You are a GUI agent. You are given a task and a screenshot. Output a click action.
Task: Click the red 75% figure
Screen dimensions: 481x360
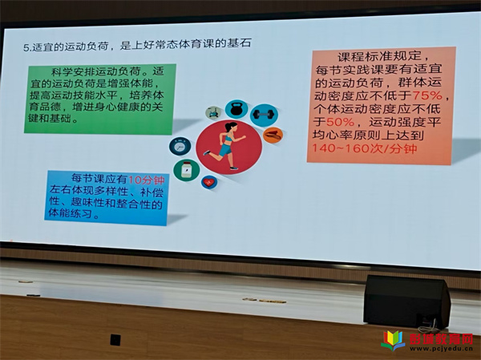coord(426,95)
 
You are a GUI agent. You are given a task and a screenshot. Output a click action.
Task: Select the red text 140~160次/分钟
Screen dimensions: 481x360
coord(364,148)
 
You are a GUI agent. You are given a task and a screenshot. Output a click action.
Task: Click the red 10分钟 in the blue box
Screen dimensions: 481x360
coord(146,180)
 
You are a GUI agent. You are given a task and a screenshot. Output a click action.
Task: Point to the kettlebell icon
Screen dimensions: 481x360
coord(236,109)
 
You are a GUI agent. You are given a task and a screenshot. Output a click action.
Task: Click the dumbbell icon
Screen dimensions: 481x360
coord(264,115)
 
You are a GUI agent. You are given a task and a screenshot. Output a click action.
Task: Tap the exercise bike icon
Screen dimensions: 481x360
coord(213,112)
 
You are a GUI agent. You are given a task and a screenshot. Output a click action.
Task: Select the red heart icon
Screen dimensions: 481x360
coord(209,182)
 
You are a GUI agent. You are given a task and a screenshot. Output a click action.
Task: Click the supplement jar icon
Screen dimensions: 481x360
coord(186,170)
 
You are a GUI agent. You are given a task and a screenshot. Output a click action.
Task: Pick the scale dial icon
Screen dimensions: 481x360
coord(180,146)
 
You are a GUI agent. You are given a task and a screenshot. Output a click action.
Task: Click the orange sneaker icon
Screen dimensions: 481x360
coord(273,136)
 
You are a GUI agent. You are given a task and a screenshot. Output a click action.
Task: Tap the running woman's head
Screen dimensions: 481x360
coord(230,127)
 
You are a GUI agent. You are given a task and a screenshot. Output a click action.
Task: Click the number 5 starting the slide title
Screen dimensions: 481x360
coord(26,48)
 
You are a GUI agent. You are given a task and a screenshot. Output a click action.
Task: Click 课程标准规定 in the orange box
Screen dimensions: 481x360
coord(378,57)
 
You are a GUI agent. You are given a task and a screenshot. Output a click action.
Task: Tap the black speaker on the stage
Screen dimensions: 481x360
coord(406,301)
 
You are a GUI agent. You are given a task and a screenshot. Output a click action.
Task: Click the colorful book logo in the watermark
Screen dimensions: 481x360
coord(393,341)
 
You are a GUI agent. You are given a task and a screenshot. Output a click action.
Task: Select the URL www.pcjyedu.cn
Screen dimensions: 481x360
coord(441,349)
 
